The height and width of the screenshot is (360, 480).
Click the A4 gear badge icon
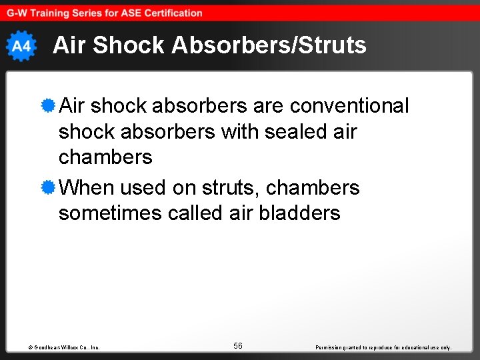pyautogui.click(x=21, y=46)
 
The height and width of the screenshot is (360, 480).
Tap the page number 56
pyautogui.click(x=238, y=345)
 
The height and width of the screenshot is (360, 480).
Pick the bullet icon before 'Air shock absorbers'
pyautogui.click(x=47, y=105)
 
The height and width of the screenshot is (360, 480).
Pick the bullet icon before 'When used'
pyautogui.click(x=47, y=187)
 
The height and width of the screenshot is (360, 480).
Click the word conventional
pyautogui.click(x=349, y=106)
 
